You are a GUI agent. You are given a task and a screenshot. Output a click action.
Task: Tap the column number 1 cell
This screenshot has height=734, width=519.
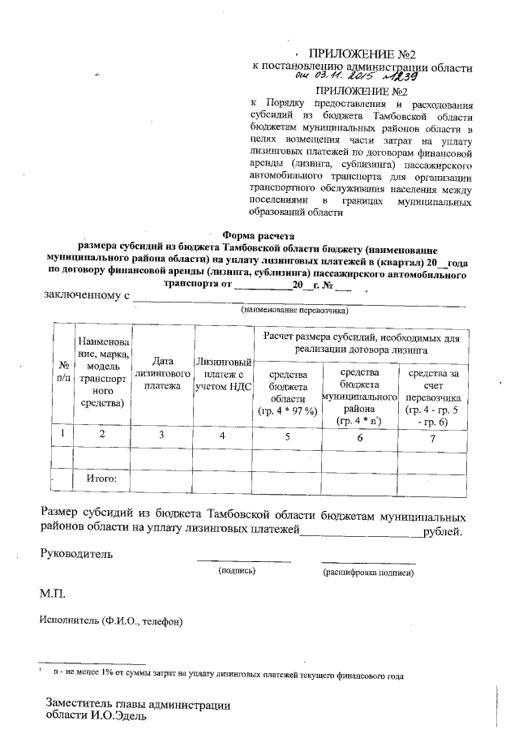tap(62, 436)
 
